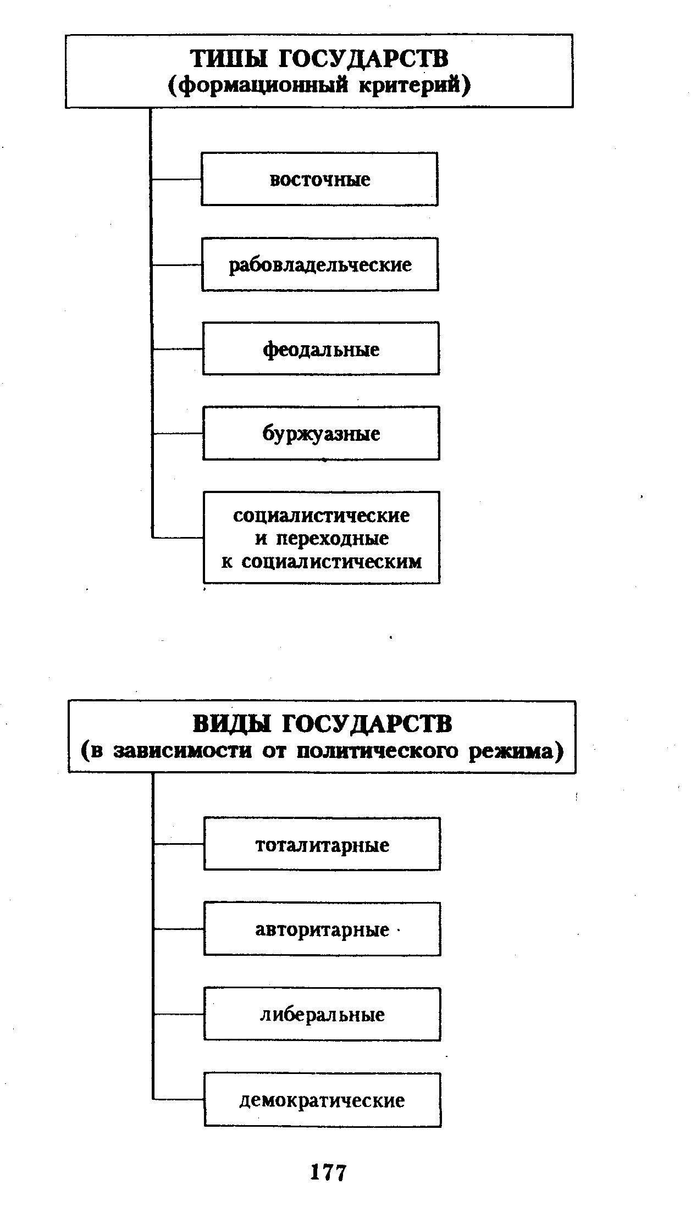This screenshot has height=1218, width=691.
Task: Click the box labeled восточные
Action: (319, 179)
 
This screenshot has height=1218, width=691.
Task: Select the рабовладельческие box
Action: (320, 264)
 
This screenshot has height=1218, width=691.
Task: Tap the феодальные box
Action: (321, 349)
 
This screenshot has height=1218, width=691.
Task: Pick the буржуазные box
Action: (321, 434)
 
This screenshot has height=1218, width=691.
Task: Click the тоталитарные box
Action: (322, 844)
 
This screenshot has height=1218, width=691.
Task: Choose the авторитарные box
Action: (322, 929)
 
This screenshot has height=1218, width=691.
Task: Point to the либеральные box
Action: (322, 1015)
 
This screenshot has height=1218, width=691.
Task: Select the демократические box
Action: (322, 1100)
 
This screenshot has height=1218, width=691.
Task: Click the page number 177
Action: (328, 1172)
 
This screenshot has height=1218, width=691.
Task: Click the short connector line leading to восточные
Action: (176, 179)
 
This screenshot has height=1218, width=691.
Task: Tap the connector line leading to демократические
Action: (179, 1100)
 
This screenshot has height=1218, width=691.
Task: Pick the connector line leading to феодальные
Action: (178, 349)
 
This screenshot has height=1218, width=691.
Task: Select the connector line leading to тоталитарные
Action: (179, 844)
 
